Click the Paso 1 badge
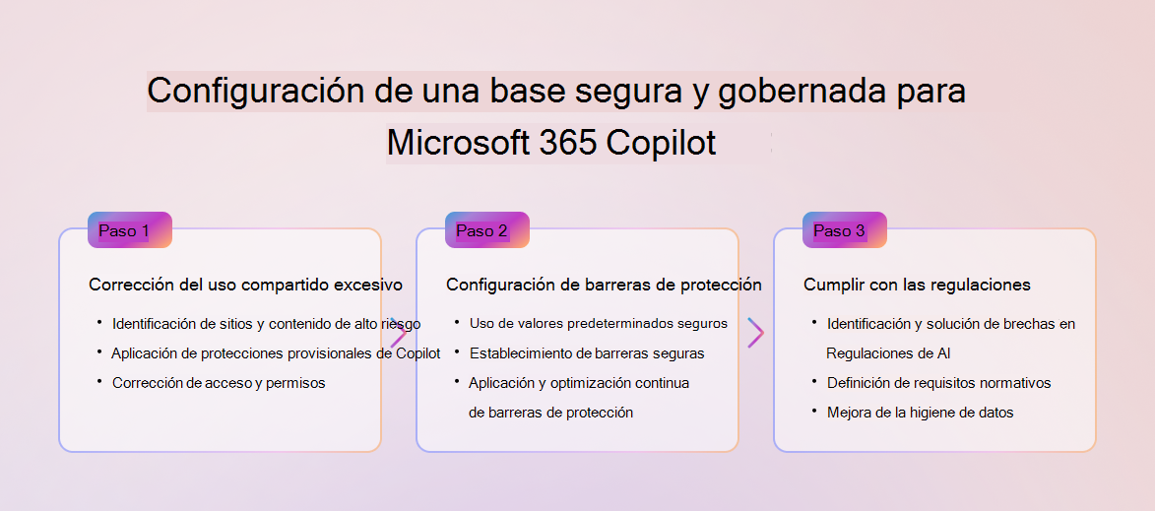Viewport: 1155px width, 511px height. pyautogui.click(x=130, y=229)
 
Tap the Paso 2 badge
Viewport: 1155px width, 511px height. pyautogui.click(x=486, y=229)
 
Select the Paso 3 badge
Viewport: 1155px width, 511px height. pyautogui.click(x=844, y=229)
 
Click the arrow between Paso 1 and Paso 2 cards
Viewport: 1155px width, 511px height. pyautogui.click(x=399, y=334)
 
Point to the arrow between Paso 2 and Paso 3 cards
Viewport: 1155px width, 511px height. pyautogui.click(x=756, y=333)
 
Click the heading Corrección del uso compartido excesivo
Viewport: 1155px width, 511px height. pyautogui.click(x=246, y=285)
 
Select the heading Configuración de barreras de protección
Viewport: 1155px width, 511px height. pyautogui.click(x=604, y=285)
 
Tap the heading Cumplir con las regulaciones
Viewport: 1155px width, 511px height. pyautogui.click(x=917, y=285)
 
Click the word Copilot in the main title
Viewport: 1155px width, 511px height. pyautogui.click(x=661, y=142)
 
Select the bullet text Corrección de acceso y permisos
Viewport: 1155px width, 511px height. pyautogui.click(x=219, y=383)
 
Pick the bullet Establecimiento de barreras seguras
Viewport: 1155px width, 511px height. pyautogui.click(x=587, y=353)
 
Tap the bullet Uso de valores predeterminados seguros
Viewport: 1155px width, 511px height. pyautogui.click(x=598, y=323)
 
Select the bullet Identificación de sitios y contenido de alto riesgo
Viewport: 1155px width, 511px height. pyautogui.click(x=267, y=323)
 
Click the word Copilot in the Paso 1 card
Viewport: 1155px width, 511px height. pyautogui.click(x=418, y=353)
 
